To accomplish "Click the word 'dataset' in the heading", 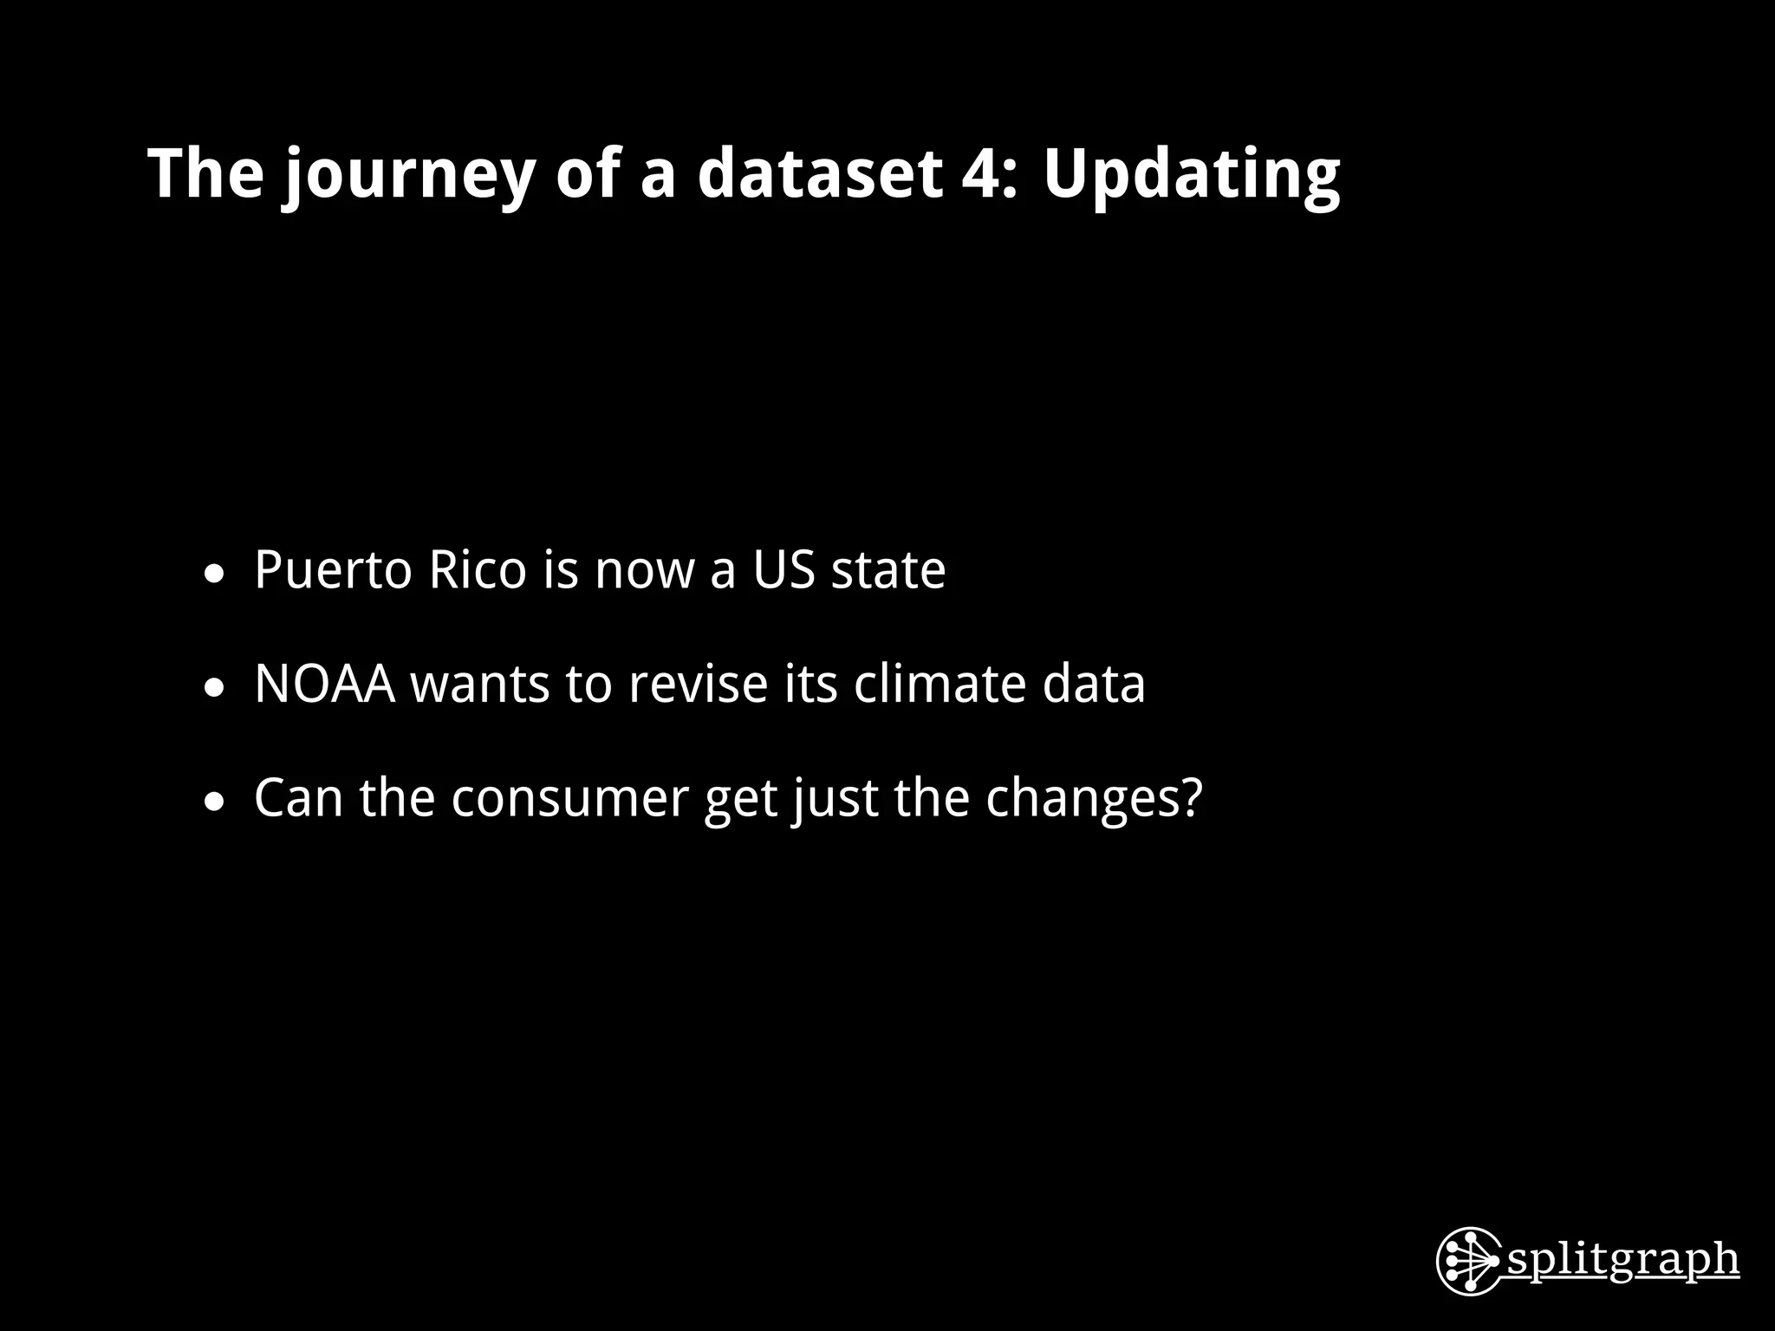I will (819, 172).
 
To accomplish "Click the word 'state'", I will (888, 571).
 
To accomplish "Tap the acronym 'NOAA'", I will (325, 684).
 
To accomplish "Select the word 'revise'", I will (698, 684).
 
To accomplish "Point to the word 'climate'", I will (940, 684).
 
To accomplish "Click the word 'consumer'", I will (569, 798).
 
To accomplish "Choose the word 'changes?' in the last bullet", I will (1095, 798).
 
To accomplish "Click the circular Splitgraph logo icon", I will (1468, 1261).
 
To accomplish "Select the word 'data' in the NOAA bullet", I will (1094, 684).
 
